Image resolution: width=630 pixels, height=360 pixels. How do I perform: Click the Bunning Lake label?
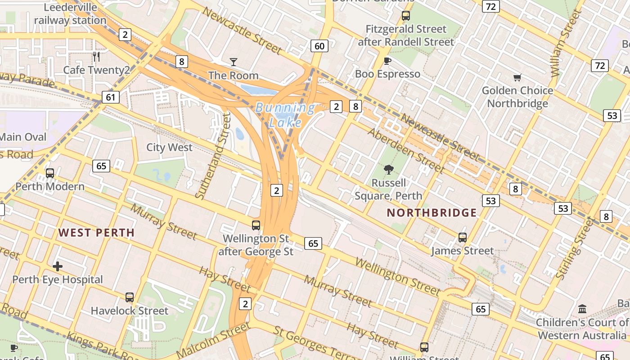coord(285,114)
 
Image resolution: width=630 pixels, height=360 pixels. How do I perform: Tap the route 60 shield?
coord(319,46)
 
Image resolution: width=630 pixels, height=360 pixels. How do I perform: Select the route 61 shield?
coord(111,97)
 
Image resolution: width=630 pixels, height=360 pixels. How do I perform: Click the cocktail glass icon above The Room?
coord(233,62)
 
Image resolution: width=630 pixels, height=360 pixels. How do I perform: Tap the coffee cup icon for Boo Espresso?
coord(387,61)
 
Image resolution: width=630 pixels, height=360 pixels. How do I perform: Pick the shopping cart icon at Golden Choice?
coord(517,77)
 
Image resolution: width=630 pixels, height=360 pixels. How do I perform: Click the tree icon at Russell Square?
coord(388,170)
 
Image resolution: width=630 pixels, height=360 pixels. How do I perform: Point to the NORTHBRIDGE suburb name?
coord(432,213)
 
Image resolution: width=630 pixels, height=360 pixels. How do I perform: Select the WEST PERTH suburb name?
coord(96,233)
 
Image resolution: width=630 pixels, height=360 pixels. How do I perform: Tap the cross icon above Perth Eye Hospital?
coord(58,266)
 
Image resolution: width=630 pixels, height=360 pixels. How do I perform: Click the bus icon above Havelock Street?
coord(130,297)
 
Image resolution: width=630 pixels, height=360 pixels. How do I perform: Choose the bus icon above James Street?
coord(462,237)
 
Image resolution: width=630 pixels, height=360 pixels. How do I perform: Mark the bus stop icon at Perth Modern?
coord(50,173)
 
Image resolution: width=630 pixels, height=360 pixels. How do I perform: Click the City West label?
coord(169,148)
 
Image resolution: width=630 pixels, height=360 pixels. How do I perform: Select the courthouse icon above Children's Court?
coord(582,309)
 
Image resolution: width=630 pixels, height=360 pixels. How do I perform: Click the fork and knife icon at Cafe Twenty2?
coord(96,56)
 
